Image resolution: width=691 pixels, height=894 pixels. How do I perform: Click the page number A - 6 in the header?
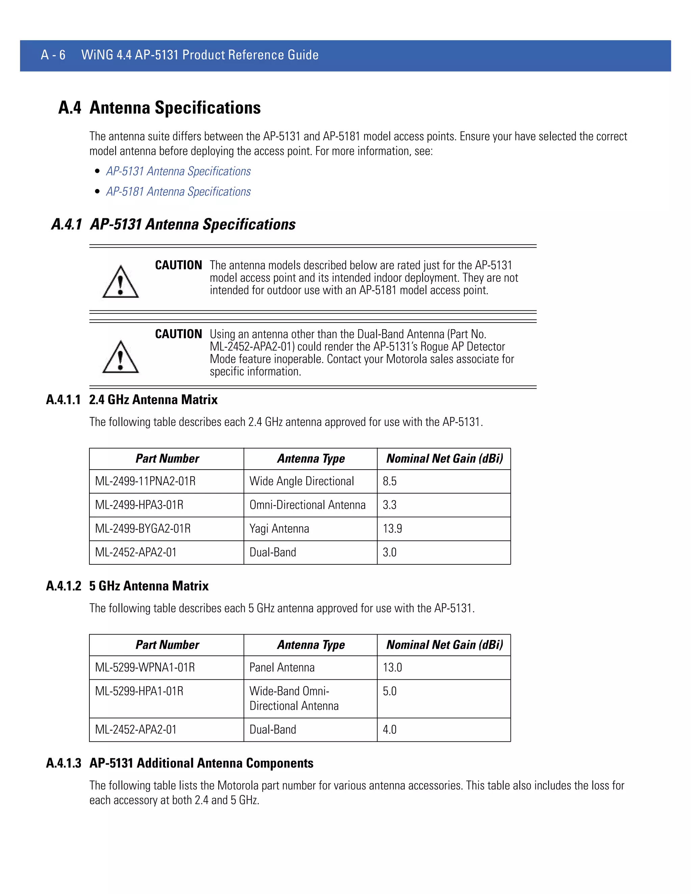(53, 55)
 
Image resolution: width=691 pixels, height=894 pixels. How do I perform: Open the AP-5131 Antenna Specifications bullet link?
(178, 171)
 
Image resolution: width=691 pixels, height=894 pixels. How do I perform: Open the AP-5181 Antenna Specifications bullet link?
(178, 192)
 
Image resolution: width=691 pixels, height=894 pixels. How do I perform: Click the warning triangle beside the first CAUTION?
(120, 282)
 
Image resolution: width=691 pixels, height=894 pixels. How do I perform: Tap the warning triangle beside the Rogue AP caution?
(120, 357)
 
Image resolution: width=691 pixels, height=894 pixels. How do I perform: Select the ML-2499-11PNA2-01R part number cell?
(145, 481)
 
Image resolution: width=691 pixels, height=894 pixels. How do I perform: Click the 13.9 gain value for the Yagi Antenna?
(392, 528)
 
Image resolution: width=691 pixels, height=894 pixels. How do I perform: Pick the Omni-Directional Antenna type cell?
(307, 505)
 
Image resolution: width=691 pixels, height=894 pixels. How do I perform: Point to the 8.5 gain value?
(389, 481)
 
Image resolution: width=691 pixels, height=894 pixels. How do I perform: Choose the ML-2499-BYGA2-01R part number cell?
(143, 528)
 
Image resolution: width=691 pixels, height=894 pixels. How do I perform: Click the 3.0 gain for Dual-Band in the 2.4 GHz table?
(389, 552)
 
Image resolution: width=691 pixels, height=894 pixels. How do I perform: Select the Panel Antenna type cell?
(282, 667)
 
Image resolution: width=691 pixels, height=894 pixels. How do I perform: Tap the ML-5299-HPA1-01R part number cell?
(139, 691)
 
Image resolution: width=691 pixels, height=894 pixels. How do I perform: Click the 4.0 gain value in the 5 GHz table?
(389, 729)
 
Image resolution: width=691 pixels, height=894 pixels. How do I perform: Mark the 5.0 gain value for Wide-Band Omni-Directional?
(389, 691)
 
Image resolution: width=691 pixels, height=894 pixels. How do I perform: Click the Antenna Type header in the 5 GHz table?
(311, 645)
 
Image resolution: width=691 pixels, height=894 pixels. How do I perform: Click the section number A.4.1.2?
(63, 586)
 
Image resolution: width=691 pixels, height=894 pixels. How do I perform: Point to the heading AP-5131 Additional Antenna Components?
(201, 763)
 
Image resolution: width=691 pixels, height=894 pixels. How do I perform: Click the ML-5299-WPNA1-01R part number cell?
(145, 667)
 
